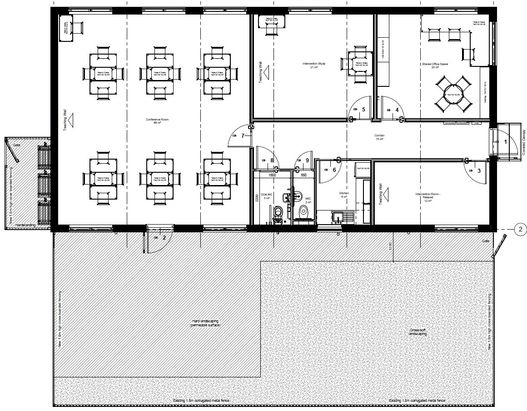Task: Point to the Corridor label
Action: click(379, 137)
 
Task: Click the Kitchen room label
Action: click(344, 195)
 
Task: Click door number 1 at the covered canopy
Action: click(505, 142)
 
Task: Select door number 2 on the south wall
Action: click(164, 237)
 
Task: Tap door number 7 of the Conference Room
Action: click(243, 136)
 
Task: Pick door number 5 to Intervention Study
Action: click(363, 109)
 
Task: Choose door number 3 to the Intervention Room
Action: click(478, 170)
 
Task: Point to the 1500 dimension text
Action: click(272, 175)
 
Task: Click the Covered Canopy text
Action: click(523, 143)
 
